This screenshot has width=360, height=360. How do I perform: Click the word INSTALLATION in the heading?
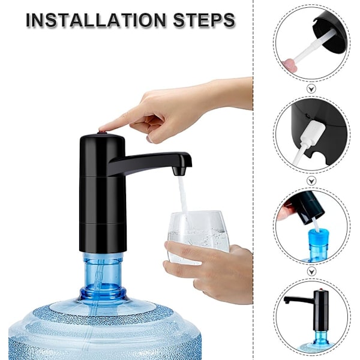[96, 20]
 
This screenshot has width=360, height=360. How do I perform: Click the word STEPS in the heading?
[204, 20]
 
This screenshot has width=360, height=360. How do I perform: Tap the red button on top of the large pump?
[102, 132]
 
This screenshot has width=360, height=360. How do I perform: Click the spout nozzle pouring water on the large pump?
[179, 171]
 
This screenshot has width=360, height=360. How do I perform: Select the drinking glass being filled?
[199, 236]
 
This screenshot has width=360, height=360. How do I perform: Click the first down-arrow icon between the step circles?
[311, 89]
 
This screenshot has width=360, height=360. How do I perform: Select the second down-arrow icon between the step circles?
[311, 181]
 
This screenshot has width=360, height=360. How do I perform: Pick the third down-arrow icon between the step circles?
[311, 271]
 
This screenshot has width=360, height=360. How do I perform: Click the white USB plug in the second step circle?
[314, 133]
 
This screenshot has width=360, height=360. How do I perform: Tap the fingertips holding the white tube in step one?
[290, 64]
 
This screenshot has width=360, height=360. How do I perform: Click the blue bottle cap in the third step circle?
[318, 236]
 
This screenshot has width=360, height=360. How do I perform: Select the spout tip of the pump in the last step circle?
[286, 301]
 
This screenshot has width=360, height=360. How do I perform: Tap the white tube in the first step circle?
[312, 46]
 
